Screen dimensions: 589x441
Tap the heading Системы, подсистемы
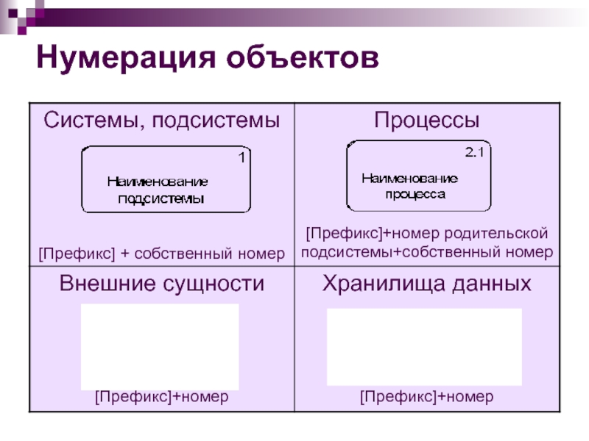point(161,121)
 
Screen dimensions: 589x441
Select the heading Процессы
point(426,120)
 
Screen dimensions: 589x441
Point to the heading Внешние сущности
point(161,284)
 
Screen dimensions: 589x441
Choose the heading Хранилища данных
point(426,284)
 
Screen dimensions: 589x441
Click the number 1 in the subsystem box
point(241,157)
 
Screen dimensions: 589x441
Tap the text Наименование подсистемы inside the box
point(158,190)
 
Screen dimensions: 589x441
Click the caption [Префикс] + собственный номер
point(161,254)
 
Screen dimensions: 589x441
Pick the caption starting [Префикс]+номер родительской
point(426,243)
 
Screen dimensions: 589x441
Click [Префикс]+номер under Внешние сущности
point(161,397)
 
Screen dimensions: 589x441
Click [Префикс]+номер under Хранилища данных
point(426,397)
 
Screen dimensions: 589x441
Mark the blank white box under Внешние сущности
point(160,346)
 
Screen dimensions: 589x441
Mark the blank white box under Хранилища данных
point(424,346)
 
